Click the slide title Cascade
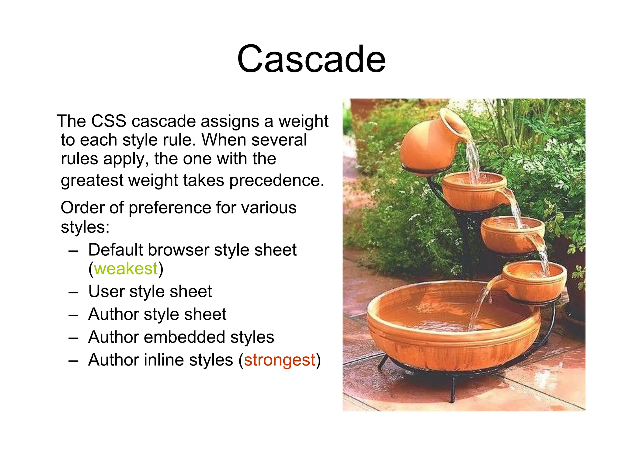pyautogui.click(x=311, y=59)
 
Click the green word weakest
pyautogui.click(x=126, y=269)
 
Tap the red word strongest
pyautogui.click(x=279, y=360)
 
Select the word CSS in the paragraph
pyautogui.click(x=109, y=121)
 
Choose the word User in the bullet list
pyautogui.click(x=106, y=291)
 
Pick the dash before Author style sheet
pyautogui.click(x=74, y=315)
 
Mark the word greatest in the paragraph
pyautogui.click(x=92, y=180)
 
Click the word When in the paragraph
pyautogui.click(x=224, y=140)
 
